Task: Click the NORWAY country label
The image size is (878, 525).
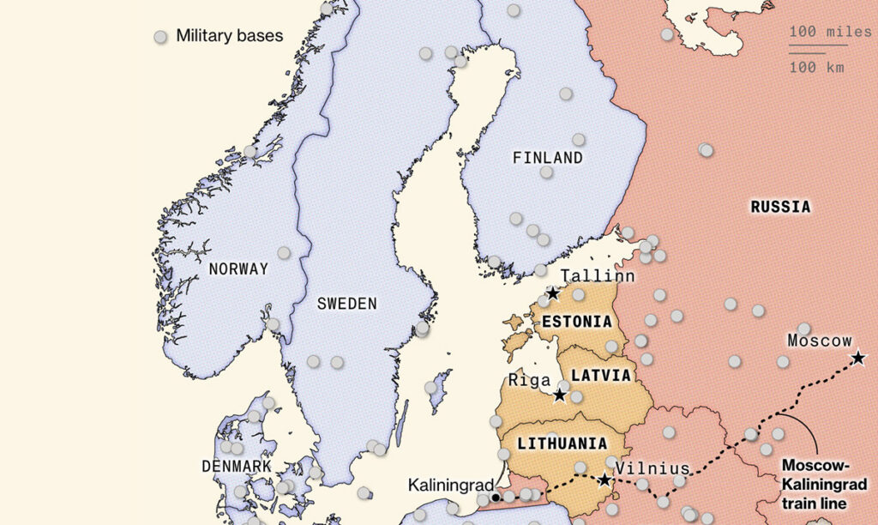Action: click(x=238, y=269)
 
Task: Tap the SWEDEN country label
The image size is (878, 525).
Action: click(x=346, y=303)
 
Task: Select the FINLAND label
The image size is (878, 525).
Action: click(x=547, y=158)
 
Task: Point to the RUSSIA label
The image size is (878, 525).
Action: click(x=780, y=207)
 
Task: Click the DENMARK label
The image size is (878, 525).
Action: click(x=236, y=466)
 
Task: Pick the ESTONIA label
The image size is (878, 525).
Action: click(x=576, y=323)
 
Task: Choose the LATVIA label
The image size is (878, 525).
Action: click(x=601, y=376)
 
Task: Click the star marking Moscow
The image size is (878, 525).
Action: click(x=857, y=358)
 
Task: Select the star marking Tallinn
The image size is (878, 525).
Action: click(x=553, y=293)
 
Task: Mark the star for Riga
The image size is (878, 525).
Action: click(x=560, y=395)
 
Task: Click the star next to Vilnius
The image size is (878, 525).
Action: click(x=604, y=480)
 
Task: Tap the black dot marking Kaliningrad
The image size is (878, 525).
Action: click(x=496, y=498)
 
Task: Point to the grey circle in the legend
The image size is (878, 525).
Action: click(x=159, y=37)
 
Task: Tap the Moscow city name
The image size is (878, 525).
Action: click(x=820, y=341)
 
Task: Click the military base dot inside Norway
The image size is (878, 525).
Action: click(x=284, y=253)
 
